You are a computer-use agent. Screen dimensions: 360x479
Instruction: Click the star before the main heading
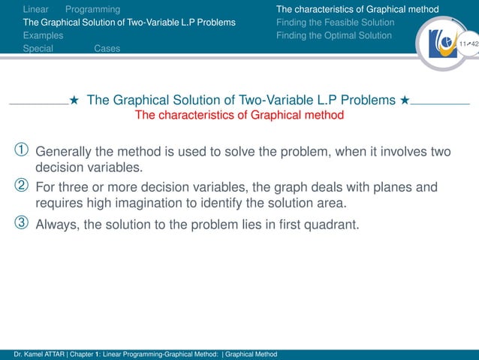pos(74,101)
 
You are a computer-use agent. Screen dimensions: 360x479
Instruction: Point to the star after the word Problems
pos(405,101)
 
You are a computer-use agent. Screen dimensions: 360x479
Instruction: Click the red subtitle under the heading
pos(239,116)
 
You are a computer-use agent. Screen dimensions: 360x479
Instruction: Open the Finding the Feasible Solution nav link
pos(335,23)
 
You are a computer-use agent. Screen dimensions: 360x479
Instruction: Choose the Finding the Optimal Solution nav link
pos(333,35)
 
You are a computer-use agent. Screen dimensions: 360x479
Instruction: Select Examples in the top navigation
pos(43,35)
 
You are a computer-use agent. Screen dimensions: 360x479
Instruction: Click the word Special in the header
pos(38,48)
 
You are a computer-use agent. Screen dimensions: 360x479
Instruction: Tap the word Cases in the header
pos(107,48)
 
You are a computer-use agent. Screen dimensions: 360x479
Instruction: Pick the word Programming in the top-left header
pos(92,10)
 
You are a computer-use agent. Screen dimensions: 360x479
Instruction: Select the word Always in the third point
pos(57,223)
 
